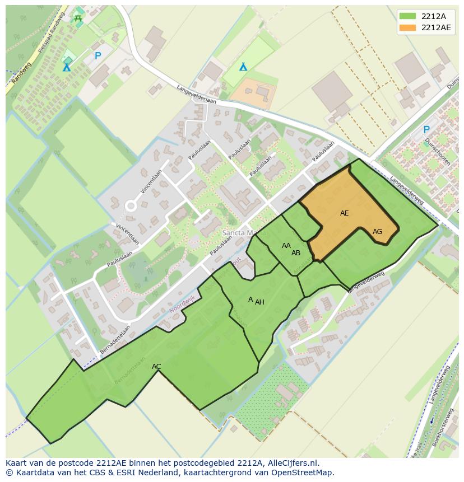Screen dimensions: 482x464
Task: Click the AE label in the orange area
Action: tap(344, 213)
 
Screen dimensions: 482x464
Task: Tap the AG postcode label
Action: tap(377, 232)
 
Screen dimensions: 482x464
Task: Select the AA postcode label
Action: tap(286, 246)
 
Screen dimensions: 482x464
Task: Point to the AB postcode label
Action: tap(296, 253)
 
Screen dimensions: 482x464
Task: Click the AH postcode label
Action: tap(259, 302)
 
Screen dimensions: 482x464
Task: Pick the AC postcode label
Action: tap(156, 367)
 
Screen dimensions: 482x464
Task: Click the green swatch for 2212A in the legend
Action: tap(408, 16)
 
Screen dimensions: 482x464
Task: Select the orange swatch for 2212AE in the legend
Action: tap(408, 27)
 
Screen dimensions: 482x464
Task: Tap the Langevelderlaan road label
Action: tap(196, 93)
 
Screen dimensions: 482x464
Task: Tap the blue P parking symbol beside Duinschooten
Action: tap(426, 129)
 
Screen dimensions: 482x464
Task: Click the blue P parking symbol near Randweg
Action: tap(98, 56)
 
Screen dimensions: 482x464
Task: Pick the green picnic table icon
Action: tap(78, 18)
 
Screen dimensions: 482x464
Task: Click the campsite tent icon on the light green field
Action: tap(243, 67)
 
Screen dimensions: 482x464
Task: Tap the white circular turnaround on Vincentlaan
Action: tap(131, 206)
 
